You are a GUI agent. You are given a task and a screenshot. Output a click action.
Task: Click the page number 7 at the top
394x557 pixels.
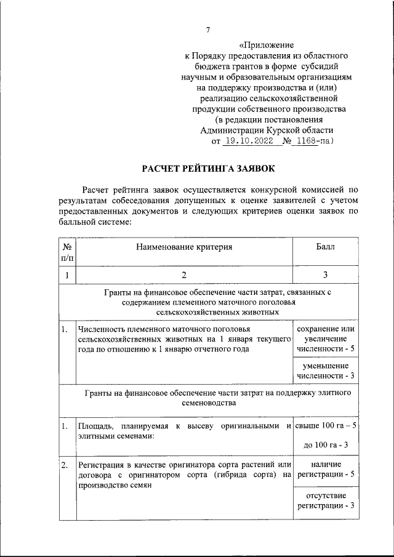click(207, 30)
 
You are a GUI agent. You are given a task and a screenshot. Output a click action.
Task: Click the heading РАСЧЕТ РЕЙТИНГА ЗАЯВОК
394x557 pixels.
click(209, 168)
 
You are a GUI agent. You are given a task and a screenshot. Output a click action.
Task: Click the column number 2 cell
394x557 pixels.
click(184, 274)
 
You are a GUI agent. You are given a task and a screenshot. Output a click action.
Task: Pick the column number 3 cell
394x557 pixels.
click(325, 274)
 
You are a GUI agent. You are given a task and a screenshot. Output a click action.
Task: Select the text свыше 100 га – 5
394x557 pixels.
click(325, 426)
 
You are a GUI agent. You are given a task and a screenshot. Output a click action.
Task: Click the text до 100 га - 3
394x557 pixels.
click(326, 445)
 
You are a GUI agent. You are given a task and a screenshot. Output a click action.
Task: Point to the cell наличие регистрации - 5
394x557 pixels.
click(325, 469)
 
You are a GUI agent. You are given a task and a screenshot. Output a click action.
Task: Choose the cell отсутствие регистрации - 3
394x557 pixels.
click(325, 500)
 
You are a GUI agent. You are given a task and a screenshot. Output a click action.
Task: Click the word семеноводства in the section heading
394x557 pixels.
click(214, 403)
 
